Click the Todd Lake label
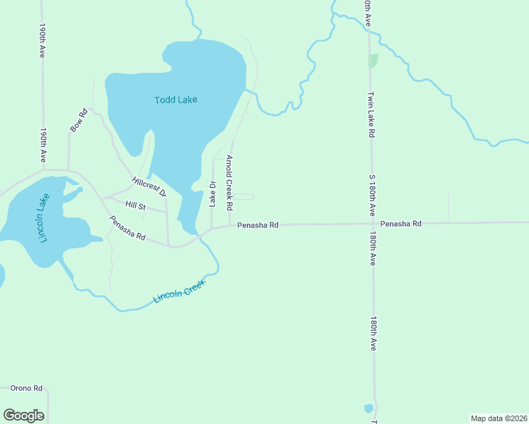(x=175, y=100)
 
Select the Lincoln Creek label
(x=179, y=293)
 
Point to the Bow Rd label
(x=78, y=120)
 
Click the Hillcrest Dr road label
(x=149, y=187)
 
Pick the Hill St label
(x=134, y=206)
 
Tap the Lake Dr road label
(x=211, y=194)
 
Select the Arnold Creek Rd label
(x=229, y=182)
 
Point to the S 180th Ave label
(x=371, y=194)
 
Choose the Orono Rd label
(x=27, y=388)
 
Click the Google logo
(x=23, y=416)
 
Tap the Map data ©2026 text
(x=498, y=418)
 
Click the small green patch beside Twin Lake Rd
(x=373, y=60)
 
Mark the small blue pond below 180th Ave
(x=368, y=408)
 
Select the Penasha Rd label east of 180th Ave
(x=400, y=223)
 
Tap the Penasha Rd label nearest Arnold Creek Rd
(x=257, y=225)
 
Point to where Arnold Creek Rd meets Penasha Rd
(x=231, y=226)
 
